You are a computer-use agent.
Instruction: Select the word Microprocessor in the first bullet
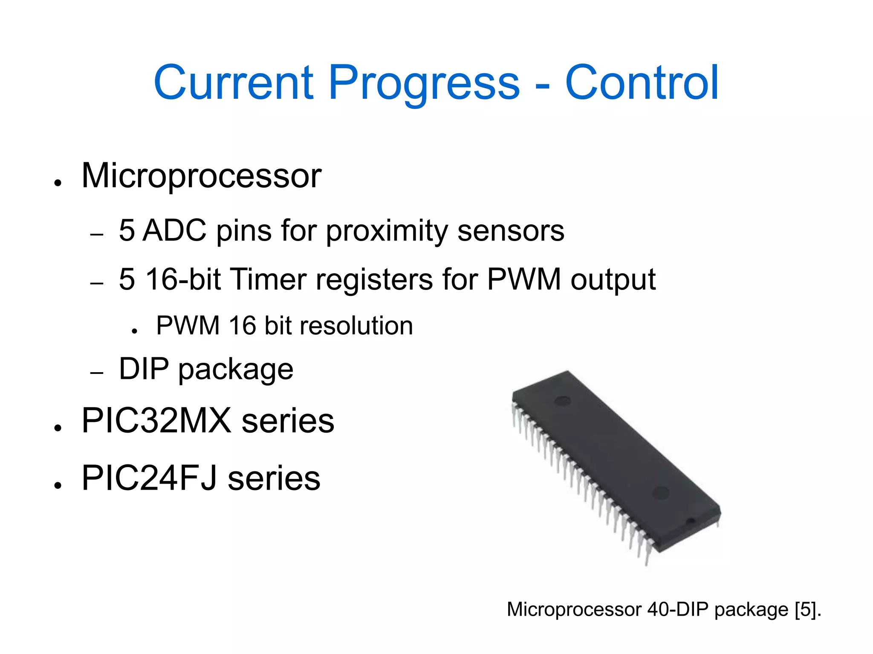[201, 176]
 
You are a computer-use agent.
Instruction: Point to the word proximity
[387, 231]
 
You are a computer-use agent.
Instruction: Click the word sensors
[510, 231]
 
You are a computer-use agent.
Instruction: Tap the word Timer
[269, 280]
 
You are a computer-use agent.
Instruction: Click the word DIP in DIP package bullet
[144, 369]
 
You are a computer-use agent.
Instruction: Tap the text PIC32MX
[156, 421]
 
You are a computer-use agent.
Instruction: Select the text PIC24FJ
[150, 478]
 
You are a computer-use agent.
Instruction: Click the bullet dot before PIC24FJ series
[58, 485]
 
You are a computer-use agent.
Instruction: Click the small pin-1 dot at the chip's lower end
[691, 521]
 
